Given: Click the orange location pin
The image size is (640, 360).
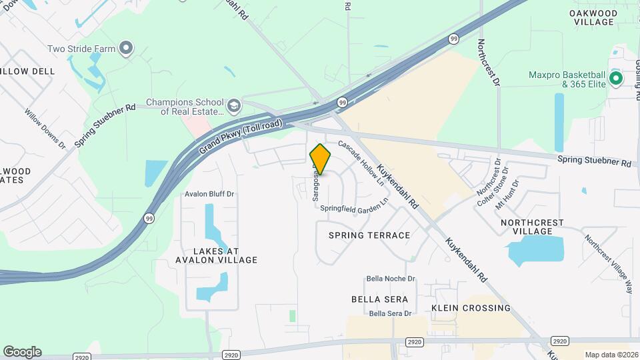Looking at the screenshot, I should click(320, 159).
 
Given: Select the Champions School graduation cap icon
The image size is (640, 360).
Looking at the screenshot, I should click(233, 106).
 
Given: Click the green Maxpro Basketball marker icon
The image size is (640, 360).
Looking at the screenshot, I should click(617, 79).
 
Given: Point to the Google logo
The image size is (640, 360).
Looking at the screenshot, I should click(22, 352).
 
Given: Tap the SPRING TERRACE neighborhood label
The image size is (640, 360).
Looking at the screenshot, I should click(369, 235).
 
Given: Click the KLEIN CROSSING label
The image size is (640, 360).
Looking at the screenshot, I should click(471, 308).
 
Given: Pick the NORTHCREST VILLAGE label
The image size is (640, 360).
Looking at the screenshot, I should click(532, 227).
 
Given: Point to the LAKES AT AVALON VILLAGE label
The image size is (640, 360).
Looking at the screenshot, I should click(215, 255).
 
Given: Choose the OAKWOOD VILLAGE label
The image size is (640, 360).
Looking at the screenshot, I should click(592, 17).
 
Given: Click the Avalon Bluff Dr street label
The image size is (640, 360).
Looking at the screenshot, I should click(211, 195).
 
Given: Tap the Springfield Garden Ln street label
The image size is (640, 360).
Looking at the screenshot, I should click(354, 206).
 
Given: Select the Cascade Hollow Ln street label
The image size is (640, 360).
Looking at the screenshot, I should click(362, 163).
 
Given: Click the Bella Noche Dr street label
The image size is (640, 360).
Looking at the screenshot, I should click(391, 279).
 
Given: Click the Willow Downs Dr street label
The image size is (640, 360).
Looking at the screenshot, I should click(45, 129).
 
